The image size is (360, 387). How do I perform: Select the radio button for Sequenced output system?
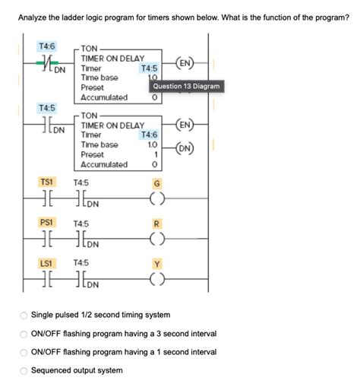(24, 370)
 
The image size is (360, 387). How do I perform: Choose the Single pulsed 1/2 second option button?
(24, 315)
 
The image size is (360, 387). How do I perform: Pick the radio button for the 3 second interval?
(24, 334)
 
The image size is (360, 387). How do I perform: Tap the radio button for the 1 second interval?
(24, 352)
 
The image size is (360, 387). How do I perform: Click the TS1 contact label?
(46, 182)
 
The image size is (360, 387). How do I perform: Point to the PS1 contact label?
(46, 223)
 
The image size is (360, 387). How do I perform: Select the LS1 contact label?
(46, 263)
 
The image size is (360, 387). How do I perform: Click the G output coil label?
(157, 183)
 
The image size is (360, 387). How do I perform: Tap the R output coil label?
(157, 224)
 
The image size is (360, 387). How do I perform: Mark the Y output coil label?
(157, 264)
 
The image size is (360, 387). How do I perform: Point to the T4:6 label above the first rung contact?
(46, 47)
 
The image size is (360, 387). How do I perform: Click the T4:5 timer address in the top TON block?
(149, 68)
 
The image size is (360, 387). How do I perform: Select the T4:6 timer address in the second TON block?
(149, 135)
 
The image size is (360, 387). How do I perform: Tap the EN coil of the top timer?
(185, 62)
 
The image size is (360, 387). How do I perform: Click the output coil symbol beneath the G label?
(157, 201)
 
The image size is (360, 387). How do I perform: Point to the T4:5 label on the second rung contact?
(46, 109)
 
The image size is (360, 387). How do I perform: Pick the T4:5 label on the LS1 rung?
(81, 264)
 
